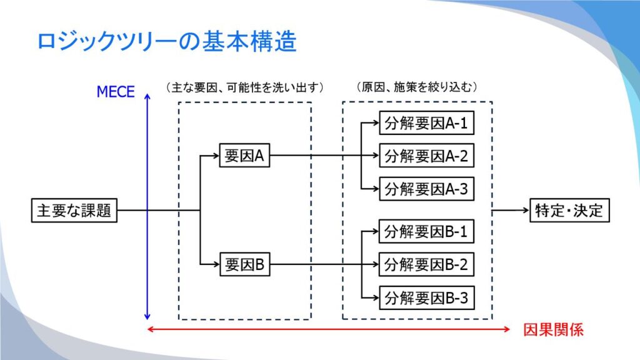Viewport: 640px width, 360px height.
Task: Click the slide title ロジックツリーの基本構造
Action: tap(167, 42)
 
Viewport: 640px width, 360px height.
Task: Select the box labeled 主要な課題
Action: tap(74, 211)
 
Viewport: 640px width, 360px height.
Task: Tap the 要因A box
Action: tap(244, 156)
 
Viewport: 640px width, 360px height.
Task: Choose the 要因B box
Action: tap(245, 264)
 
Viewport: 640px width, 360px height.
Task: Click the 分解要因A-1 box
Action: tap(426, 123)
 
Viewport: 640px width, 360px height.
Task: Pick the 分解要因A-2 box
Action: tap(426, 156)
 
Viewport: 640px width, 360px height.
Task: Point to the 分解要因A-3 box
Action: tap(426, 189)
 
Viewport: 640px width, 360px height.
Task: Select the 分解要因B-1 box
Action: tap(426, 231)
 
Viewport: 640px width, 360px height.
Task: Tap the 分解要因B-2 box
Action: tap(426, 264)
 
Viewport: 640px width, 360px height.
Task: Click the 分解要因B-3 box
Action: tap(426, 298)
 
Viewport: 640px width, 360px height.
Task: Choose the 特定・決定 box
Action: tap(569, 211)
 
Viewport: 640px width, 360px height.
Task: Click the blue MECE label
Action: tap(116, 92)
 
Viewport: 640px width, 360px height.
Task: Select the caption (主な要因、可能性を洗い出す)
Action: tap(245, 87)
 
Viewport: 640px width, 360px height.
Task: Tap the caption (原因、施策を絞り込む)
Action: tap(417, 87)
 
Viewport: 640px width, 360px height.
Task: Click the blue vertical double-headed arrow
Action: tap(147, 206)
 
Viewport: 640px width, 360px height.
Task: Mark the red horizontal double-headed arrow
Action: tap(329, 329)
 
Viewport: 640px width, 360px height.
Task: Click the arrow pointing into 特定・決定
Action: tap(511, 211)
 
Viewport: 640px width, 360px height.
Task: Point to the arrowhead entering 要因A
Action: tap(216, 156)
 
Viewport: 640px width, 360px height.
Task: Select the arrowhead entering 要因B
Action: tap(216, 264)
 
